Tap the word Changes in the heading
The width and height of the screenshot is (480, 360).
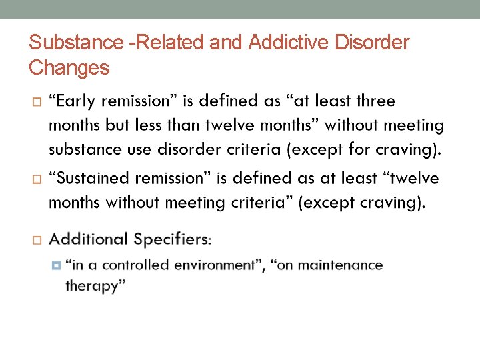(69, 67)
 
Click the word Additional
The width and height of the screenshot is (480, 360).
(88, 239)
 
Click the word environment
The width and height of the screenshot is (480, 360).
(215, 265)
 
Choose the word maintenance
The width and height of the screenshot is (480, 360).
(340, 265)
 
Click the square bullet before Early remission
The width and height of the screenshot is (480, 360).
(36, 102)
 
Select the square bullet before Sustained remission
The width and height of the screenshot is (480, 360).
(36, 179)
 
